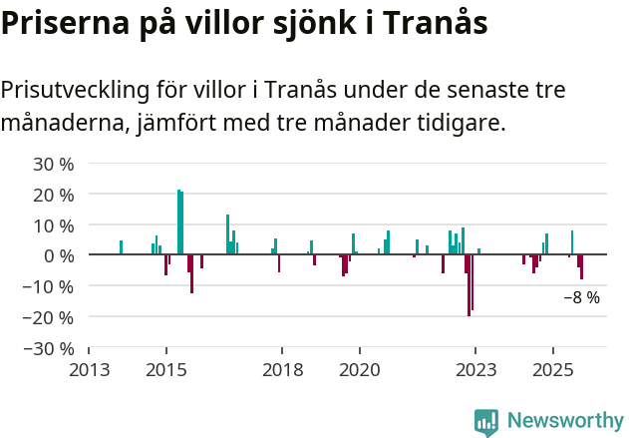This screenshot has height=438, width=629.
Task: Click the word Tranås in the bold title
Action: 438,24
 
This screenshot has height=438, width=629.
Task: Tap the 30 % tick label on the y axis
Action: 53,164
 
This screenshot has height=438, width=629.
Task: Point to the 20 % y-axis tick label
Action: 53,195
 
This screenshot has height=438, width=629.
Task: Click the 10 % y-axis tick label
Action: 53,225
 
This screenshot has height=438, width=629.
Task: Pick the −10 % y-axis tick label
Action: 49,287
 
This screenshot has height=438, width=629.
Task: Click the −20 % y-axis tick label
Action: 49,318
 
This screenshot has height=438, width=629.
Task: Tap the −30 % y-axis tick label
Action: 49,349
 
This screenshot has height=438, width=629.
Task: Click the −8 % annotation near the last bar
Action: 581,297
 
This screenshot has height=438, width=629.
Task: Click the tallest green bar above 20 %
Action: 179,221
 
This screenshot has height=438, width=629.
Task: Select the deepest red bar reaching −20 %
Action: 469,285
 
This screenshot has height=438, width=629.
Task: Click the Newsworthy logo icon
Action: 486,422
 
